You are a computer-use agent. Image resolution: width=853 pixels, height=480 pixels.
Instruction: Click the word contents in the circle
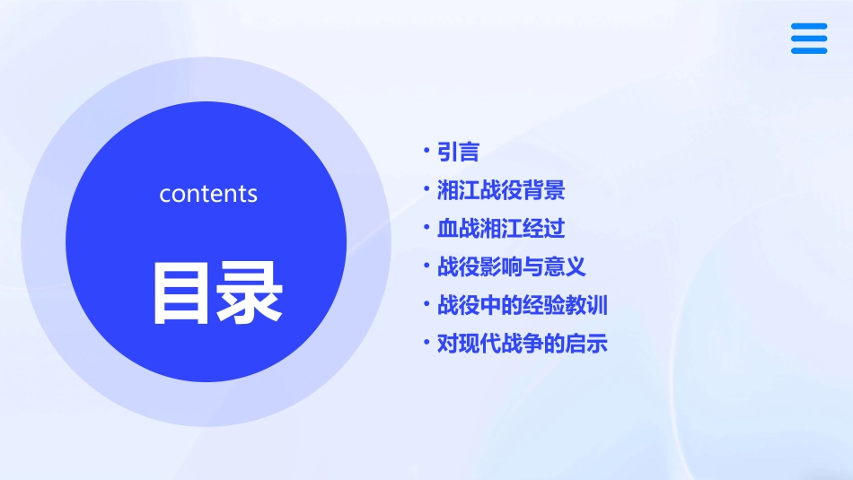(208, 194)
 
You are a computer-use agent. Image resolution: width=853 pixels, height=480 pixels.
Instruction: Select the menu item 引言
(458, 152)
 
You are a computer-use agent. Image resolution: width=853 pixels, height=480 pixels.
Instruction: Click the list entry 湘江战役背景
(501, 190)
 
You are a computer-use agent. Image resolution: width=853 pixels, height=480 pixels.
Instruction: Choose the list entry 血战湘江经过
(501, 228)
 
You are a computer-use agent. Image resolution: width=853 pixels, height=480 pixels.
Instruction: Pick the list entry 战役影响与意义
(512, 266)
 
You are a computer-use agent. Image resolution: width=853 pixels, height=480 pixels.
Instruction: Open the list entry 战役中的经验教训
(523, 305)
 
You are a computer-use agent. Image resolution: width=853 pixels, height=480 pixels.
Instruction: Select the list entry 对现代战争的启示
(523, 343)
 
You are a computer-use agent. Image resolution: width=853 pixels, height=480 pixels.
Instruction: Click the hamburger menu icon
(809, 39)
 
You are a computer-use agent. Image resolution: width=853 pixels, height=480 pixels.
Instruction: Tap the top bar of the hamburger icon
(809, 27)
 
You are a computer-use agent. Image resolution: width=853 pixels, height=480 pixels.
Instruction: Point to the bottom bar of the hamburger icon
(809, 50)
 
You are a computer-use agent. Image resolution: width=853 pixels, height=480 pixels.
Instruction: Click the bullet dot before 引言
(427, 152)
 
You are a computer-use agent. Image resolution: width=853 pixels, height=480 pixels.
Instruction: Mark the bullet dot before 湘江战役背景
(427, 190)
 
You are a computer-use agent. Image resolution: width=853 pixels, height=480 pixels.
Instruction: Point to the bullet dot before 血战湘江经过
(427, 228)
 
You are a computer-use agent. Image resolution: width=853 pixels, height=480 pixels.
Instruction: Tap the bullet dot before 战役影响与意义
(427, 266)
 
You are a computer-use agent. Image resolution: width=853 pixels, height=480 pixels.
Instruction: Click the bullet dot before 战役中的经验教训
(427, 305)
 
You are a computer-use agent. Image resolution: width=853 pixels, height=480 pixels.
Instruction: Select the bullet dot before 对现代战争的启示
(427, 343)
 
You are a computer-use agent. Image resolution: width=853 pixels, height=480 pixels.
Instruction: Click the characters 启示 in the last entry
(587, 343)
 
